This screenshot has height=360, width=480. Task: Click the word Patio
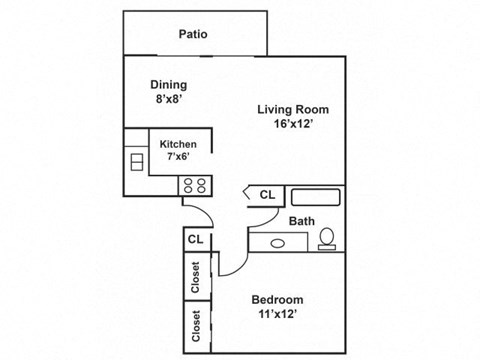click(x=193, y=34)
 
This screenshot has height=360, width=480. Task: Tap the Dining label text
click(x=169, y=85)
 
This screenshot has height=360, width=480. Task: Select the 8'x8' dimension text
click(x=169, y=101)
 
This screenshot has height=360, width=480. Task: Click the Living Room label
click(x=292, y=110)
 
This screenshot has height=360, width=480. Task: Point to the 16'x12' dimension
click(x=292, y=126)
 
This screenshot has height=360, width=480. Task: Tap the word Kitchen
click(x=179, y=144)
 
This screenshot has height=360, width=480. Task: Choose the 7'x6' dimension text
click(x=179, y=158)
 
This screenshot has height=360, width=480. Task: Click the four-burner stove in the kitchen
click(x=192, y=184)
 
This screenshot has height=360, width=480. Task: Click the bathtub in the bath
click(x=316, y=196)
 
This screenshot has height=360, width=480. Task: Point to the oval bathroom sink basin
click(x=277, y=241)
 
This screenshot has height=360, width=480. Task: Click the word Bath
click(x=302, y=221)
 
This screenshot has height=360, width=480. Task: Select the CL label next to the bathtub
click(x=267, y=195)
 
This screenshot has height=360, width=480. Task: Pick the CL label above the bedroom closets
click(x=196, y=240)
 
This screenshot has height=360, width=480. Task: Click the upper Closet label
click(x=196, y=276)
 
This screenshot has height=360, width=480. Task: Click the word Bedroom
click(x=279, y=300)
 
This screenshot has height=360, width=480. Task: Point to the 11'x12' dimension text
click(x=279, y=316)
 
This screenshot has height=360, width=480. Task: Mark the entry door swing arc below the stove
click(x=203, y=214)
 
